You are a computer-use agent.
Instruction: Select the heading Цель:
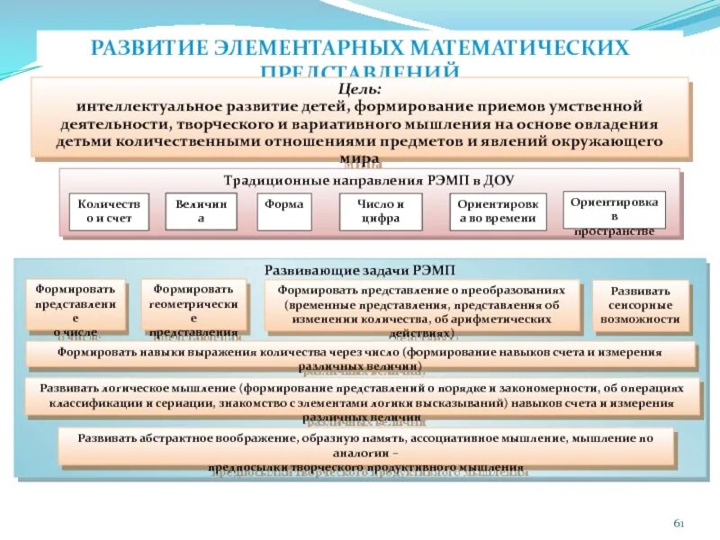pos(360,88)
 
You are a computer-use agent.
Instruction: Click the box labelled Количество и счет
pos(108,211)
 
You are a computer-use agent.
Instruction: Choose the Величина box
pos(201,211)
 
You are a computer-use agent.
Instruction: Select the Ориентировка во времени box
pos(498,211)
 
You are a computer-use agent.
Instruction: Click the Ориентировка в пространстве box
pos(615,213)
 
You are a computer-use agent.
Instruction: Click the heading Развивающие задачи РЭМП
pos(359,268)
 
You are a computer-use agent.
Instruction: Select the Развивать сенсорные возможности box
pos(640,305)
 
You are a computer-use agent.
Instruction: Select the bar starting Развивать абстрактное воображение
pos(364,446)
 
